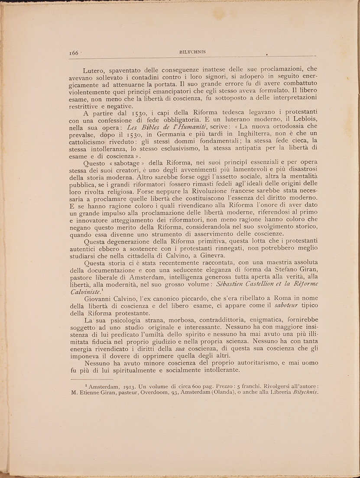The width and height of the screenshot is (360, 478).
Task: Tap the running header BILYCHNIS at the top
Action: [192, 52]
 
